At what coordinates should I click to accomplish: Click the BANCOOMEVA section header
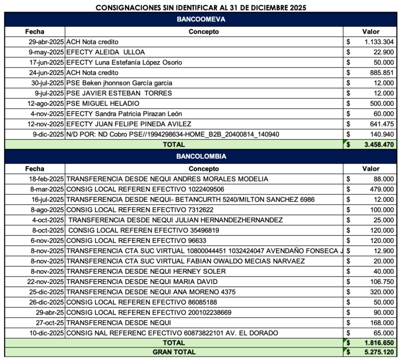coord(201,20)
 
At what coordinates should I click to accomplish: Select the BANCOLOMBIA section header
coord(201,157)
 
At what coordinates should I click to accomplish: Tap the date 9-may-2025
coord(46,52)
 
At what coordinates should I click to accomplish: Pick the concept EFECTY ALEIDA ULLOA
coord(105,52)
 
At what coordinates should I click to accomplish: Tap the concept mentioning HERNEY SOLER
coord(146,271)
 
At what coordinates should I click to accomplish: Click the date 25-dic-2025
coord(45,292)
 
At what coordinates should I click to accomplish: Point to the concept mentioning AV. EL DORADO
coord(172,333)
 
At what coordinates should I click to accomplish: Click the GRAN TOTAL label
coord(174,352)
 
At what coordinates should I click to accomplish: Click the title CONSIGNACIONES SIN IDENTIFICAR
coord(201,7)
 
